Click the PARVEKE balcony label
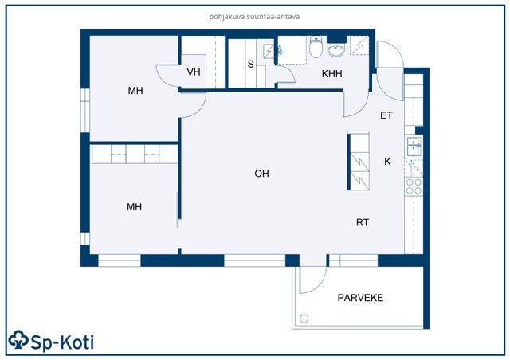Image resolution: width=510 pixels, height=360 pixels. pyautogui.click(x=360, y=298)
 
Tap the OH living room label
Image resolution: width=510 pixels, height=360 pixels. pyautogui.click(x=262, y=174)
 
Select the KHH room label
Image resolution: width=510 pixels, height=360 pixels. pyautogui.click(x=331, y=74)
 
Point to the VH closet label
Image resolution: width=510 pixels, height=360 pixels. pyautogui.click(x=194, y=72)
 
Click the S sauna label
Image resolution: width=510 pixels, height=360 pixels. pyautogui.click(x=250, y=64)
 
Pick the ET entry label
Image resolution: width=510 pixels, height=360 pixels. pyautogui.click(x=386, y=115)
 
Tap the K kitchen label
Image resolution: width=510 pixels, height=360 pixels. pyautogui.click(x=387, y=162)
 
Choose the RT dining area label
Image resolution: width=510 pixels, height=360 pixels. pyautogui.click(x=363, y=222)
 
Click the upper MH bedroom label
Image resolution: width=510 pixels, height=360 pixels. pyautogui.click(x=135, y=91)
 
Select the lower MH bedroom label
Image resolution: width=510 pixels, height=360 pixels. pyautogui.click(x=135, y=207)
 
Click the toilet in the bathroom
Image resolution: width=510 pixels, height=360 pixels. pyautogui.click(x=316, y=46)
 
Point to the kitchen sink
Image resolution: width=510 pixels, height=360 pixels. pyautogui.click(x=414, y=146)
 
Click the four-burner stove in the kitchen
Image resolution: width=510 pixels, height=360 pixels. pyautogui.click(x=414, y=186)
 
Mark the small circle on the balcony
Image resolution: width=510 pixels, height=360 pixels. pyautogui.click(x=304, y=319)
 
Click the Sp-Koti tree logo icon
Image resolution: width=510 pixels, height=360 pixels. pyautogui.click(x=18, y=340)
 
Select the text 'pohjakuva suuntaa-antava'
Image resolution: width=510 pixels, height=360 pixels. pyautogui.click(x=254, y=17)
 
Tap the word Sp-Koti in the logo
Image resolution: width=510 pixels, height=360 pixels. pyautogui.click(x=62, y=342)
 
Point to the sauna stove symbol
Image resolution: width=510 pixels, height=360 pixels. pyautogui.click(x=269, y=51)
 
